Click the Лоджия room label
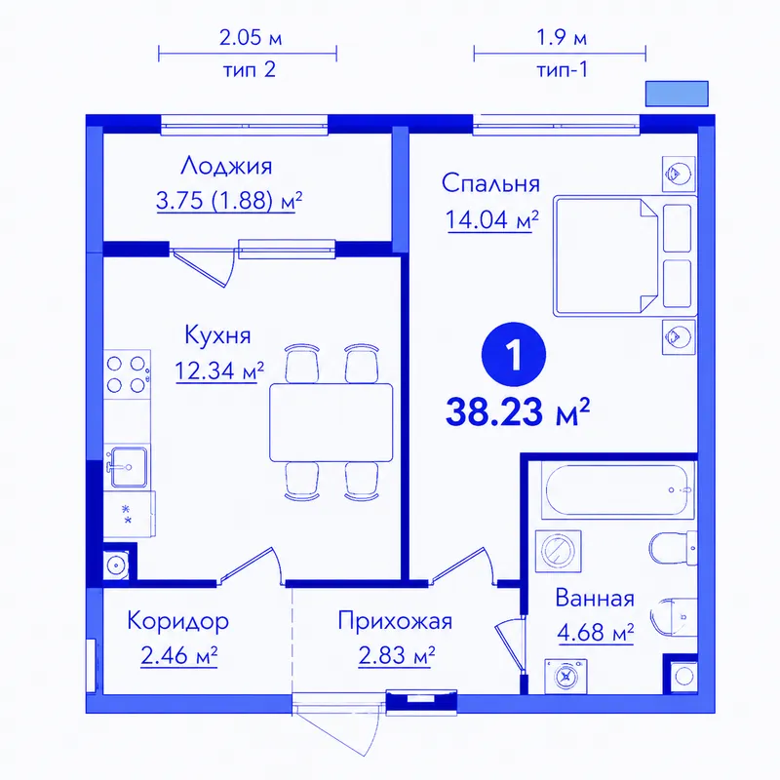coord(226,166)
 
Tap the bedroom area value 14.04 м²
coord(492,219)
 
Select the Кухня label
coord(217,334)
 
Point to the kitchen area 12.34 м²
coord(219,370)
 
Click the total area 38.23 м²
coord(518,412)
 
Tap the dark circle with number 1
coord(514,354)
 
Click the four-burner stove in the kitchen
coord(127,374)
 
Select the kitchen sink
coord(128,466)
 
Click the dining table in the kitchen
coord(331,422)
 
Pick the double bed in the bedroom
coord(625,255)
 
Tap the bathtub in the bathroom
coord(617,490)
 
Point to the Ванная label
coord(595,598)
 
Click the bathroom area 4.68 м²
coord(596,633)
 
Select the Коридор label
coord(178,621)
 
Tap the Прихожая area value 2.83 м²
coord(397,655)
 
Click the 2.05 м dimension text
coord(251,38)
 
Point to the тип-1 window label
coord(563,69)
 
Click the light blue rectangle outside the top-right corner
coord(677,94)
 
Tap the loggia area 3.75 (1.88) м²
coord(229,201)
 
